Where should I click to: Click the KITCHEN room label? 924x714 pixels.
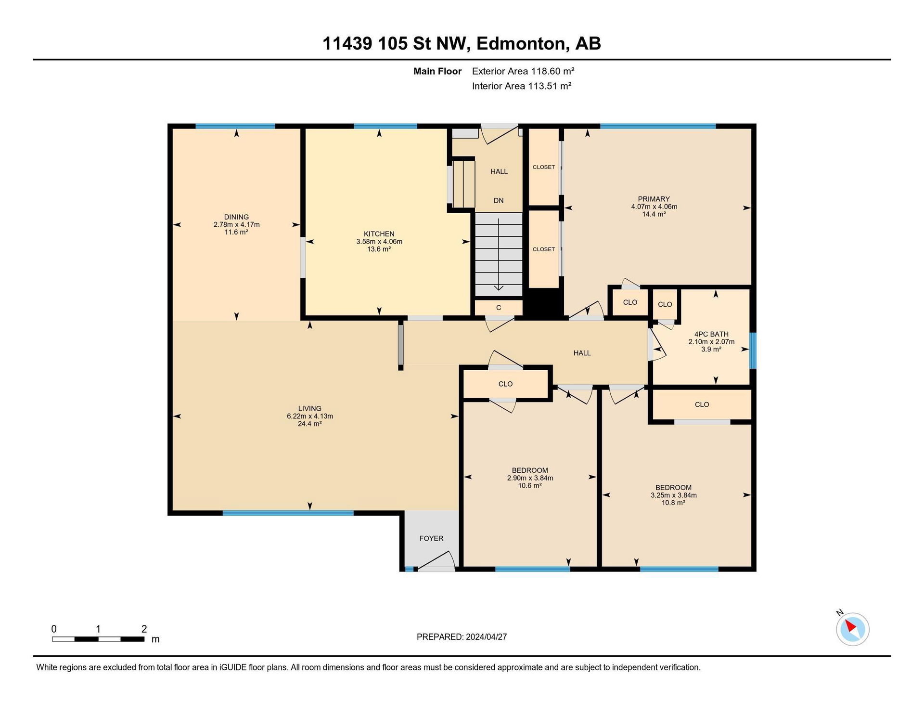(379, 234)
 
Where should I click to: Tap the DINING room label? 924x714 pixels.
(236, 217)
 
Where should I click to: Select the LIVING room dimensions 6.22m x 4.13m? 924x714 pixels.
(310, 416)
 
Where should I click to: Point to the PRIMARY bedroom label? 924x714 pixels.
(654, 199)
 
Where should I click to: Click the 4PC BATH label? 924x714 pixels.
(711, 334)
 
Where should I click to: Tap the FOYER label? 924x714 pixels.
(431, 538)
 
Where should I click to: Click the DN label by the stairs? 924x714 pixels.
(499, 200)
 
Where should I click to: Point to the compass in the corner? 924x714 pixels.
(853, 629)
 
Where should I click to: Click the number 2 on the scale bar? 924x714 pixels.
(144, 628)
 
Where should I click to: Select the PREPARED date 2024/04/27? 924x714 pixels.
(487, 637)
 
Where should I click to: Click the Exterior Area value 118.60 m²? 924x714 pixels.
(553, 71)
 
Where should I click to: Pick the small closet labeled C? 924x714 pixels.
(499, 307)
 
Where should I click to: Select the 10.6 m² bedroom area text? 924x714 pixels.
(530, 486)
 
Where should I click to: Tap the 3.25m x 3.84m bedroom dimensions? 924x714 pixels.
(674, 495)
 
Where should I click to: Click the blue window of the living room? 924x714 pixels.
(288, 513)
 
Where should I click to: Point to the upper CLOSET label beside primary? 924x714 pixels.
(544, 167)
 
